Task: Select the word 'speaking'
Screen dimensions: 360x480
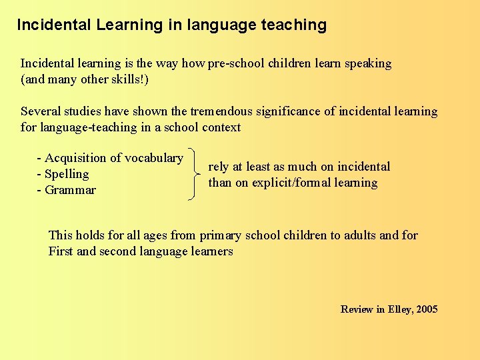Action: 368,64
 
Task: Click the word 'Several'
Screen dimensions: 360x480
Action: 40,111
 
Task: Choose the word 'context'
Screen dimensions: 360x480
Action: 219,127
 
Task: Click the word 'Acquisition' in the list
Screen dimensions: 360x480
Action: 76,158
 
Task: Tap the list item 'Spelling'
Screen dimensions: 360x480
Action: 67,174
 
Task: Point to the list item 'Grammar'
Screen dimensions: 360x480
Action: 70,190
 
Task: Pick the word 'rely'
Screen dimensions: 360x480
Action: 219,167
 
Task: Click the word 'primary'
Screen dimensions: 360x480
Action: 221,235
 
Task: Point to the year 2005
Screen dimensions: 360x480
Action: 426,309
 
